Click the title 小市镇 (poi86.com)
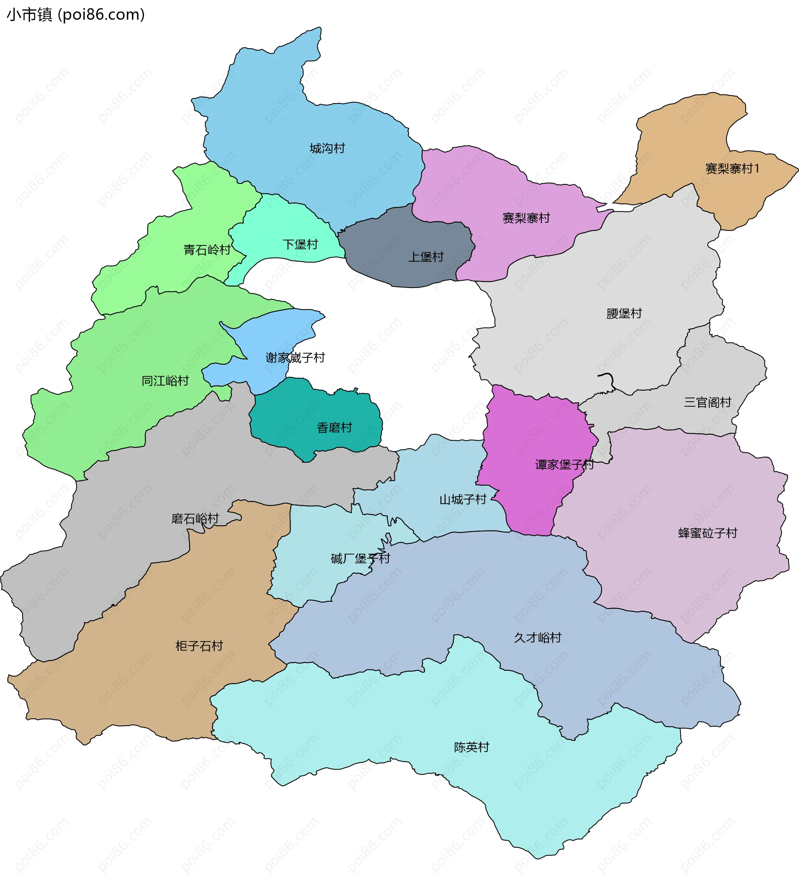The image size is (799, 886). pyautogui.click(x=75, y=15)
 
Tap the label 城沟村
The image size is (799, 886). pyautogui.click(x=327, y=149)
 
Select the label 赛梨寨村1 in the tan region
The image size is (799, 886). pyautogui.click(x=732, y=169)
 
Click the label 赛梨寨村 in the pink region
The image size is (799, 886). pyautogui.click(x=526, y=218)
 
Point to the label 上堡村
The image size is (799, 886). pyautogui.click(x=426, y=257)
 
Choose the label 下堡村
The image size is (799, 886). pyautogui.click(x=300, y=245)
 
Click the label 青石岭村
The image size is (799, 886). pyautogui.click(x=207, y=250)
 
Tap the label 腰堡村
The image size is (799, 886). pyautogui.click(x=624, y=313)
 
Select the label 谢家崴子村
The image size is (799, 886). pyautogui.click(x=295, y=358)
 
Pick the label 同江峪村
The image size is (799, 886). pyautogui.click(x=165, y=381)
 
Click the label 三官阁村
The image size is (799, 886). pyautogui.click(x=707, y=402)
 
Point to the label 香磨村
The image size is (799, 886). pyautogui.click(x=334, y=428)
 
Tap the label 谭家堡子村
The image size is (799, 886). pyautogui.click(x=564, y=464)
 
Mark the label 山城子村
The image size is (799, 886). pyautogui.click(x=463, y=500)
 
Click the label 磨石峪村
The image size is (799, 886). pyautogui.click(x=195, y=519)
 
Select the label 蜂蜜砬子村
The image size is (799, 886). pyautogui.click(x=707, y=534)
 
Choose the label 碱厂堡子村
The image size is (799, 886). pyautogui.click(x=360, y=558)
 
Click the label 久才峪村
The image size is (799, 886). pyautogui.click(x=537, y=638)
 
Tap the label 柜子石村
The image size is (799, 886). pyautogui.click(x=199, y=646)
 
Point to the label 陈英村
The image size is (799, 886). pyautogui.click(x=471, y=747)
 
